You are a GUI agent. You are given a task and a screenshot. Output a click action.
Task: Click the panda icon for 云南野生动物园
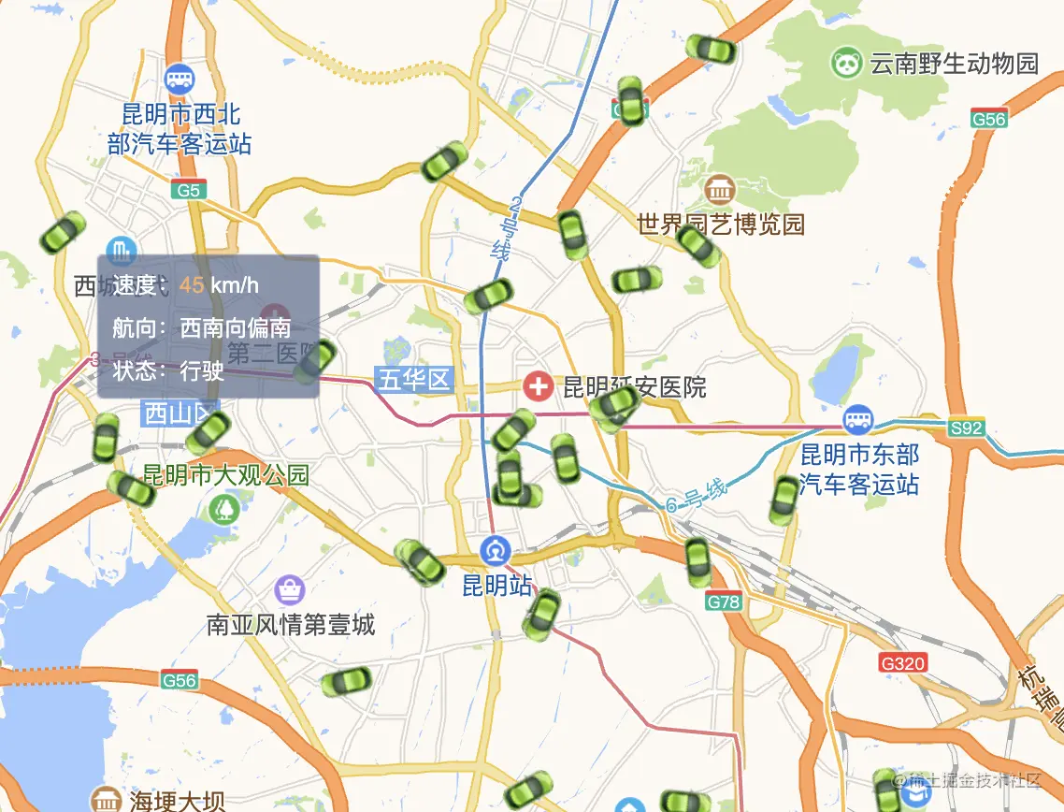(x=846, y=63)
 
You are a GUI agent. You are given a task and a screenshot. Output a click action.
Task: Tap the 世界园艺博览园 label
(x=720, y=225)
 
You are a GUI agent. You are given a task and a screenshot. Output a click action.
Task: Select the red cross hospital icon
(x=538, y=385)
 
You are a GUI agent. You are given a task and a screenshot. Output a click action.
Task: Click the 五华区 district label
(x=413, y=380)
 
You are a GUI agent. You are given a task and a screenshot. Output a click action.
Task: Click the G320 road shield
(x=903, y=663)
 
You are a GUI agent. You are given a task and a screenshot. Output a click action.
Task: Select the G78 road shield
(x=725, y=602)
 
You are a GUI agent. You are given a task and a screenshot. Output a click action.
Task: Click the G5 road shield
(x=189, y=191)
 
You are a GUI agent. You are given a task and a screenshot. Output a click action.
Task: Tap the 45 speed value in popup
(x=192, y=285)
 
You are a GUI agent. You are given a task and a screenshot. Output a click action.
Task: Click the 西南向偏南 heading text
(x=235, y=327)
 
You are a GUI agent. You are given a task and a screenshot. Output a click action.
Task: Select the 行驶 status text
(x=202, y=370)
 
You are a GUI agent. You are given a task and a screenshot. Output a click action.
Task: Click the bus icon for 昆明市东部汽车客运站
(x=857, y=419)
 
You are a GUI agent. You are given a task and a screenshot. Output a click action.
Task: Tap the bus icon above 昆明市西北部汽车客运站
(x=179, y=79)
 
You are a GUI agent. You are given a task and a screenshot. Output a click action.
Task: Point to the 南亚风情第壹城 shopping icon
(x=290, y=589)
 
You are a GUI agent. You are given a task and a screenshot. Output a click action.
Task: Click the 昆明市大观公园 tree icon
(x=223, y=508)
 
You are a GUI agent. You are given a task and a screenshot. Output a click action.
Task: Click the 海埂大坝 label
(x=178, y=802)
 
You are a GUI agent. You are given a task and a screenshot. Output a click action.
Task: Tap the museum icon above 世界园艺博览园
(x=720, y=190)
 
